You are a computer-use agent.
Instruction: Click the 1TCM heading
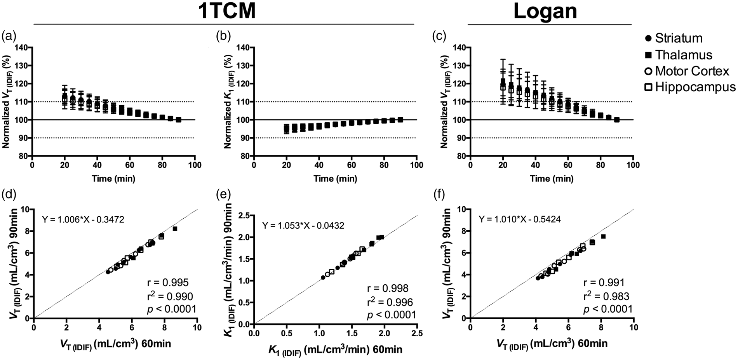[x=227, y=11]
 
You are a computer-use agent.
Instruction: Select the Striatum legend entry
[x=674, y=38]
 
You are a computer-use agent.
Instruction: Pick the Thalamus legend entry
[x=678, y=55]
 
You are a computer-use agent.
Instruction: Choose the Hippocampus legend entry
[x=690, y=87]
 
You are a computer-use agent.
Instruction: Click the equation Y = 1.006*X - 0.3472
[x=83, y=220]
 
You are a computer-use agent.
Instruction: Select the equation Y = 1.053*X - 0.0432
[x=303, y=226]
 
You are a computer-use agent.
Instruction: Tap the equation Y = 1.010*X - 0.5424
[x=519, y=219]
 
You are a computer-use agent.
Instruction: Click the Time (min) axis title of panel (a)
[x=113, y=179]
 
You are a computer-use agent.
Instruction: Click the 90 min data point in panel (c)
[x=616, y=120]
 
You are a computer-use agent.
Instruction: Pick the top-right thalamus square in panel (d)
[x=175, y=229]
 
